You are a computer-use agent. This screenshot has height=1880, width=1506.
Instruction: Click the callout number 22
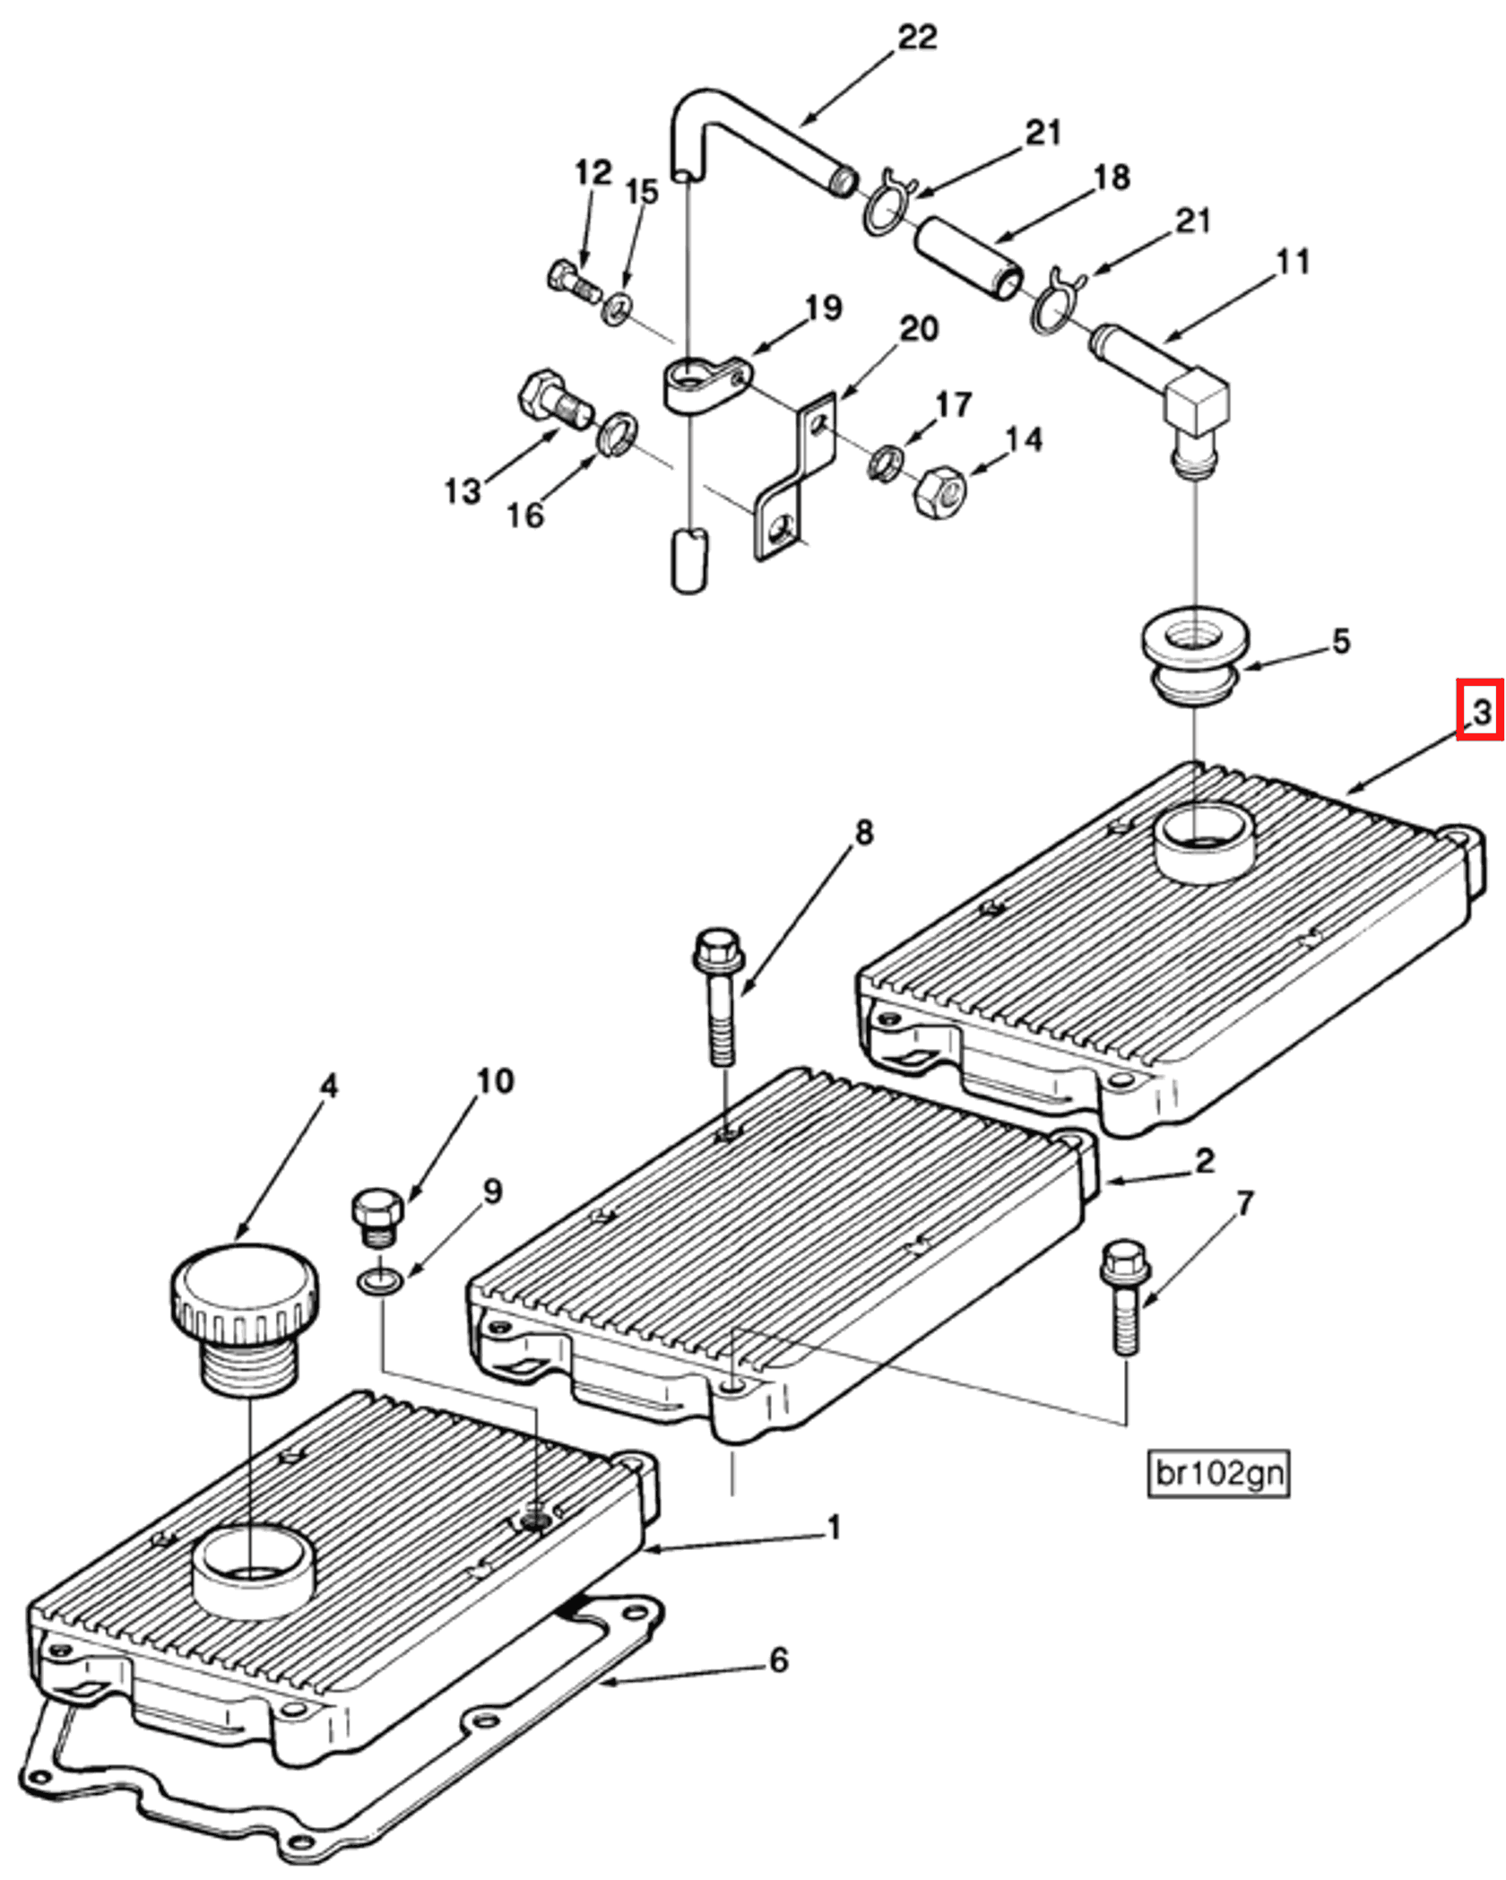[x=916, y=37]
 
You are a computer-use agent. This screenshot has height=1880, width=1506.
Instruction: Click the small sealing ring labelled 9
[x=380, y=1282]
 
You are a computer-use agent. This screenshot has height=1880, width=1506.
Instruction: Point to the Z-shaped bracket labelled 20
[x=794, y=476]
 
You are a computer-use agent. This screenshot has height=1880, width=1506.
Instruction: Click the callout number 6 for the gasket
[x=778, y=1659]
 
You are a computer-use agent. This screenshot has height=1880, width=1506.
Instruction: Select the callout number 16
[x=525, y=515]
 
